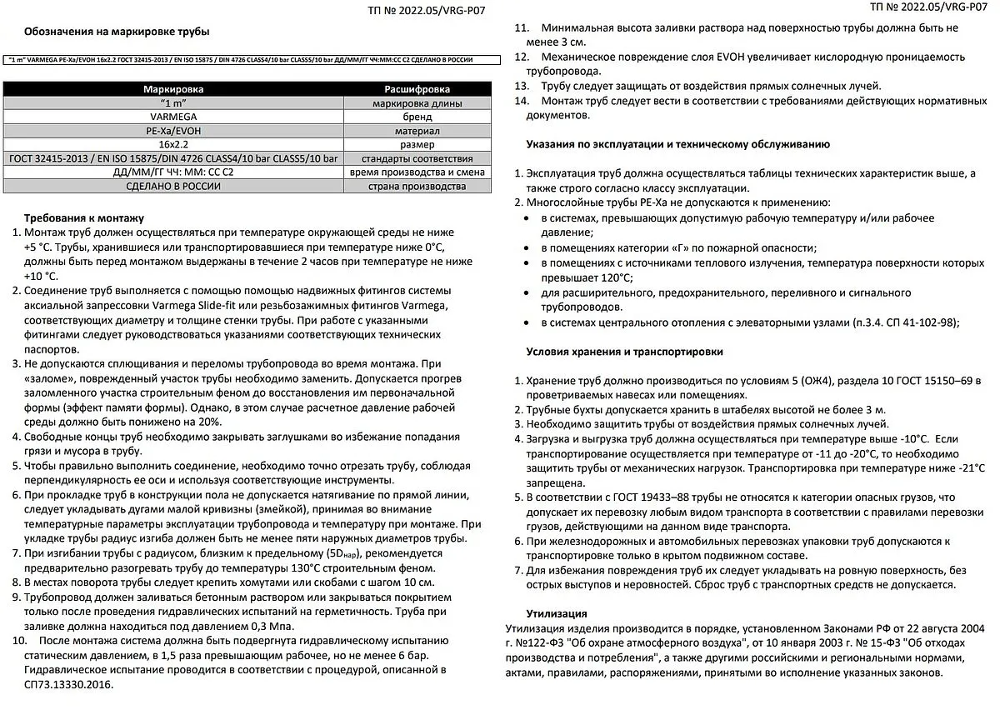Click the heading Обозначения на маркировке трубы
pos(117,32)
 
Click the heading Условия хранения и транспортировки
pos(624,352)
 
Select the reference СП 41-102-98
pos(915,322)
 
